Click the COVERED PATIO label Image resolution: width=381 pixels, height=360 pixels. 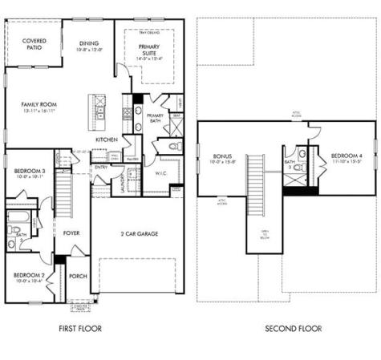(x=34, y=43)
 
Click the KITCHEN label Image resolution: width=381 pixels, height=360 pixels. (x=107, y=139)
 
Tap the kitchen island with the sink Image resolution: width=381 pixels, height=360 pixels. (x=97, y=111)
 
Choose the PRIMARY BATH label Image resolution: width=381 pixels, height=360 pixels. (x=156, y=119)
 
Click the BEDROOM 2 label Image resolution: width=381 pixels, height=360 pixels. (x=28, y=277)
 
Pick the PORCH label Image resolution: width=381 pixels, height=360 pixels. (x=78, y=277)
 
